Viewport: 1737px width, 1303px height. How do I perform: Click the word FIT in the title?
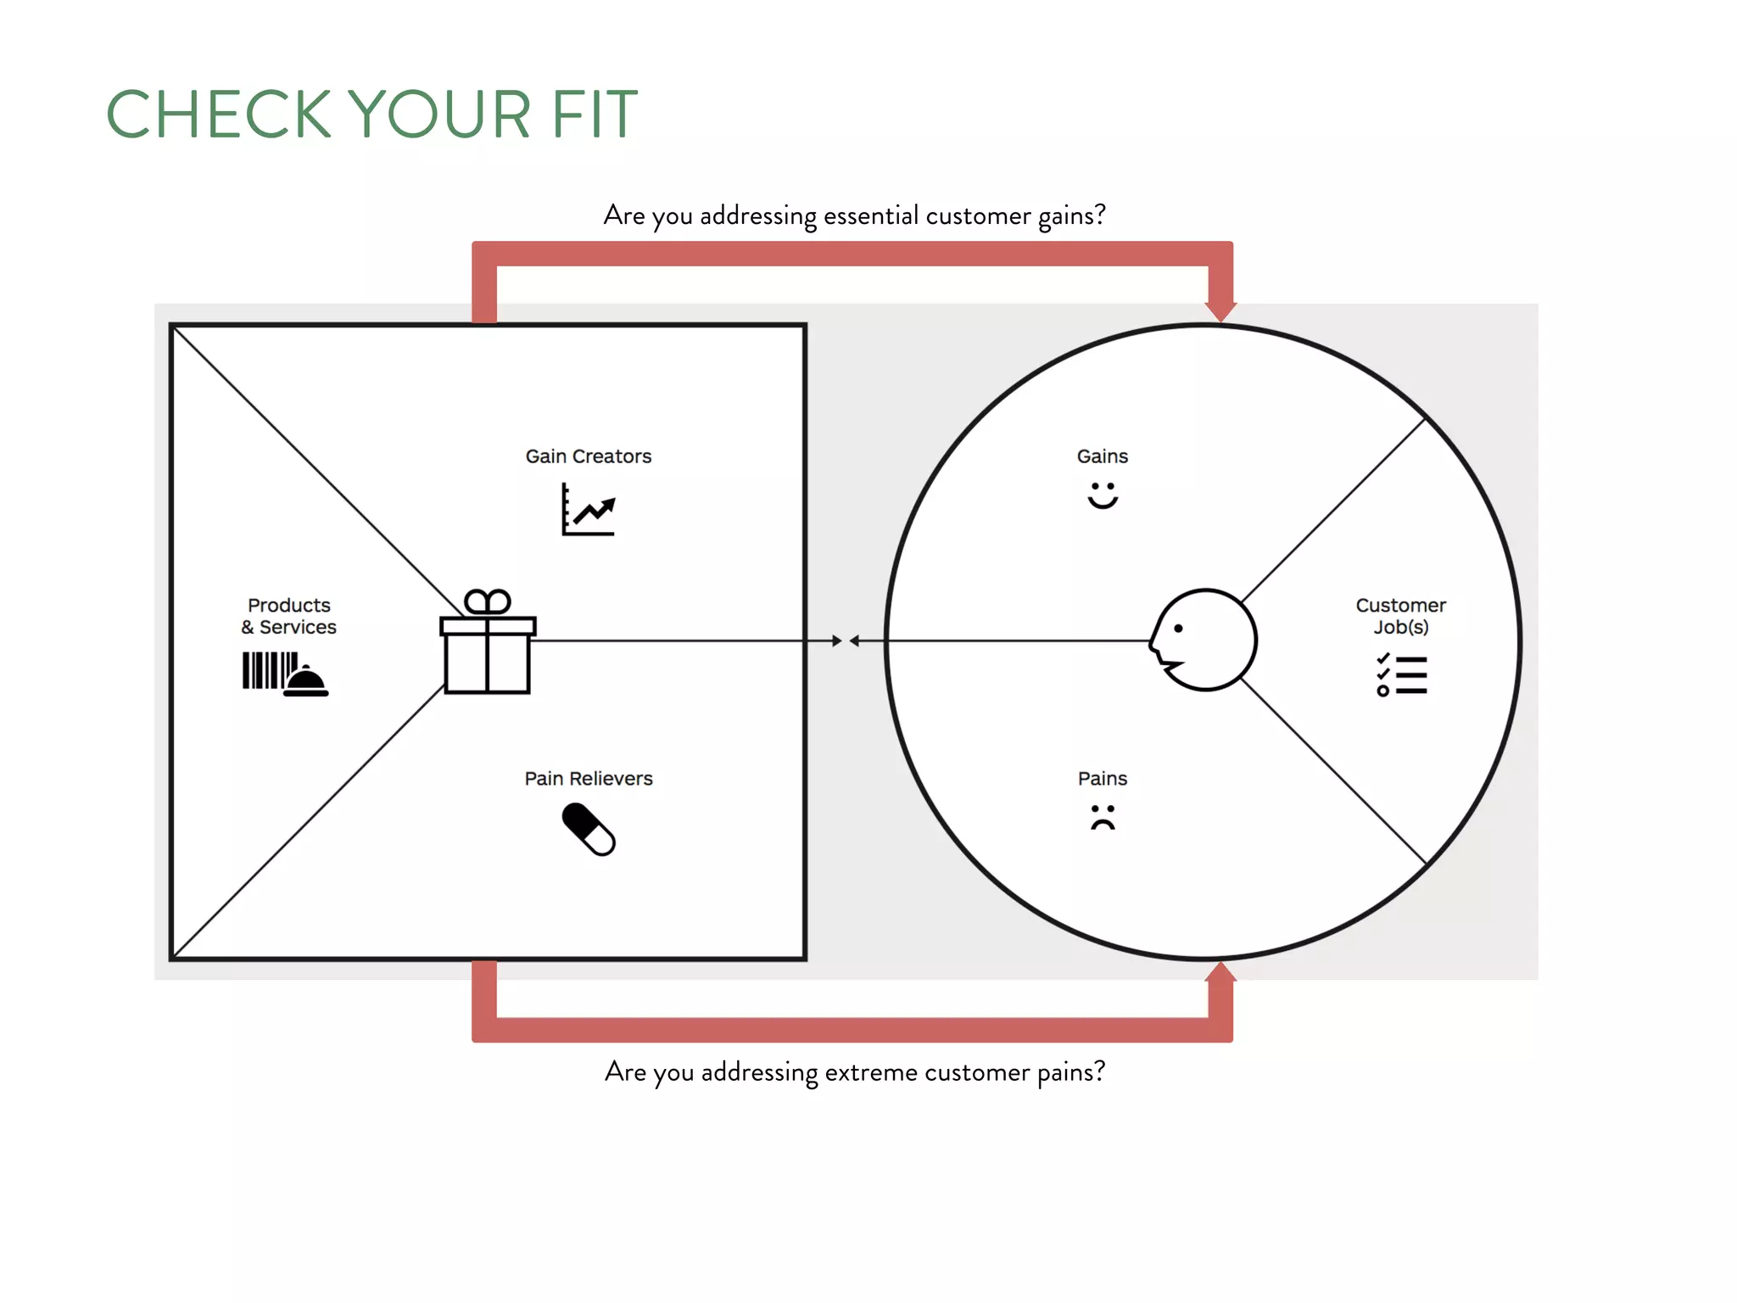[x=594, y=115]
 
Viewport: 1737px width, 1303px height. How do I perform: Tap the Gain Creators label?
[x=588, y=456]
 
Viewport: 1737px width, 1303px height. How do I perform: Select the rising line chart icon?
[x=588, y=509]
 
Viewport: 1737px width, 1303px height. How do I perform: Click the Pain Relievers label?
[x=588, y=779]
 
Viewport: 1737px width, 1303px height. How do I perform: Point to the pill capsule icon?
[x=588, y=830]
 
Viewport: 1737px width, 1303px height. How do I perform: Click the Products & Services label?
[x=288, y=616]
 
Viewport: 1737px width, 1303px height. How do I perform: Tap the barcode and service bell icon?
[x=284, y=674]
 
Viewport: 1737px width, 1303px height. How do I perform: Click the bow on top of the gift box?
[x=488, y=601]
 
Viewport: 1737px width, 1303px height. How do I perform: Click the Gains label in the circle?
[x=1102, y=456]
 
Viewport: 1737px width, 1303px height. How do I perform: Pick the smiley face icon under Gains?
[x=1103, y=495]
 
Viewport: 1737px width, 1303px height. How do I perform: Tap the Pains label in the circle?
[x=1102, y=779]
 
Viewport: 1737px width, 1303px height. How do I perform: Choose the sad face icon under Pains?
[x=1103, y=817]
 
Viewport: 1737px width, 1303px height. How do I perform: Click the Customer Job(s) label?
[x=1400, y=616]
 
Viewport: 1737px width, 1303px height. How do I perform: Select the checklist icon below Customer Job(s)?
[x=1402, y=675]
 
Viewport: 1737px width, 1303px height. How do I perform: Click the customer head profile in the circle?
[x=1204, y=640]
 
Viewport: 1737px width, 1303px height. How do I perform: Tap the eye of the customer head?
[x=1178, y=629]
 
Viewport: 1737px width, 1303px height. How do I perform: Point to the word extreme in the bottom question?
[x=871, y=1072]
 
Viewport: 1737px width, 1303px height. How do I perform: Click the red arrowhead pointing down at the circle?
[x=1220, y=310]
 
